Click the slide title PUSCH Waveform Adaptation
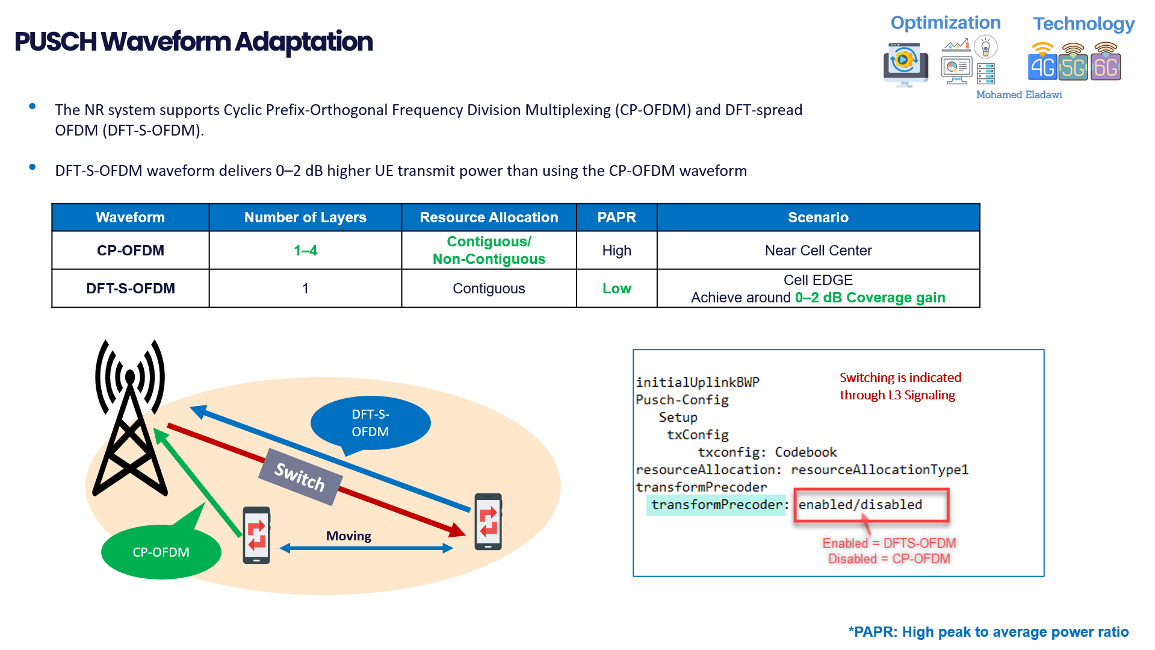coord(193,42)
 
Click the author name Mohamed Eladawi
coord(1018,95)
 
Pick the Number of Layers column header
coord(305,217)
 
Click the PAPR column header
coord(616,217)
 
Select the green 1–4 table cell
coord(305,251)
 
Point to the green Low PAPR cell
coord(616,289)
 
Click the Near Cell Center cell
coord(817,251)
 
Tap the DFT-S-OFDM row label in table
coord(131,289)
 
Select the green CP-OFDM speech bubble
coord(161,552)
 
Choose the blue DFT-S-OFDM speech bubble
coord(370,423)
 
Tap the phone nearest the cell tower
coord(256,535)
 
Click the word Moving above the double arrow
coord(348,536)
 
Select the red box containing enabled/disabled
coord(870,505)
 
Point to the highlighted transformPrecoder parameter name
coord(716,505)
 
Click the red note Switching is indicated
coord(900,386)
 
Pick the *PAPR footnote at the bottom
coord(988,632)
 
